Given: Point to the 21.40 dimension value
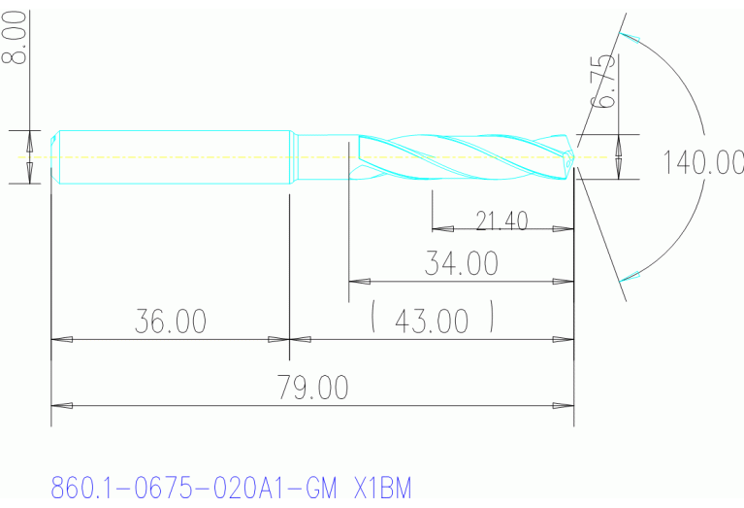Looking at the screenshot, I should [501, 220].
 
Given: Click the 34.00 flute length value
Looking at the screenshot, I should [461, 262].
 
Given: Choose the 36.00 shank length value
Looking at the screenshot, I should [170, 322].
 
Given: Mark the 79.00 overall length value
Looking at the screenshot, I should [312, 388].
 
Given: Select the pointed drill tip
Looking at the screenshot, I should [572, 155].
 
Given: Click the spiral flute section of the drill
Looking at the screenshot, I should [456, 156].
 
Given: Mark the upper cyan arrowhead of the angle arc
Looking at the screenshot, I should [631, 38].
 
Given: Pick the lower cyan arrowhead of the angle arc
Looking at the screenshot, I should [631, 277].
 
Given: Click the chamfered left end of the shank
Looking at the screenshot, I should [54, 156].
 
